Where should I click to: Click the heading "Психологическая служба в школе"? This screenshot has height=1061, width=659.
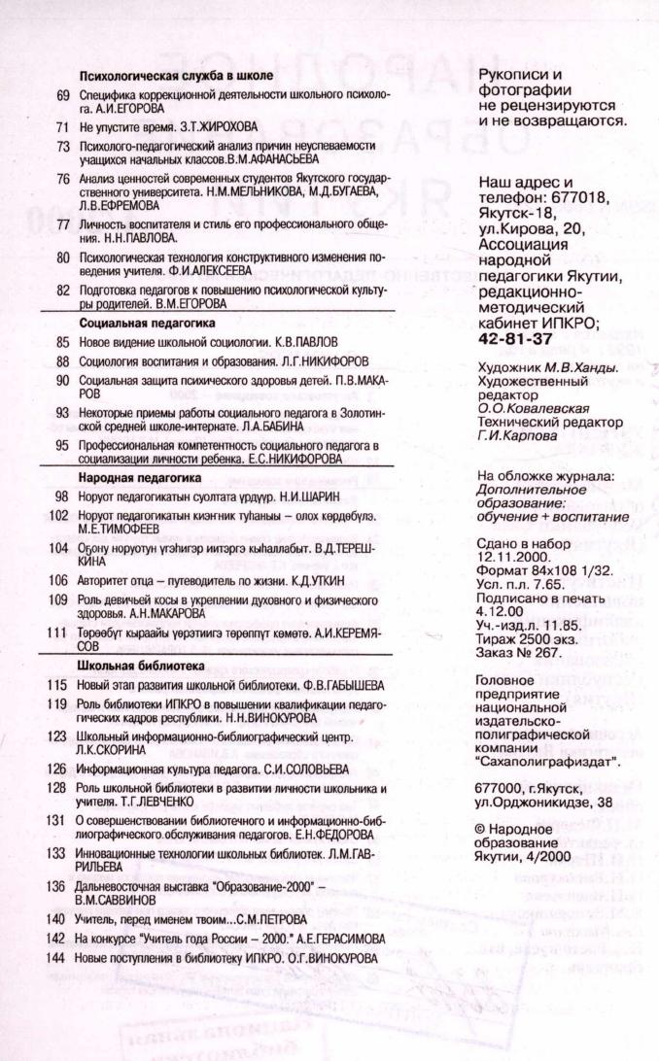176,75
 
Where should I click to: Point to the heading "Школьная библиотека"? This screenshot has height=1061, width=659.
141,667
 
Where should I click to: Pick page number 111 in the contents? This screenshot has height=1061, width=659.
61,633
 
